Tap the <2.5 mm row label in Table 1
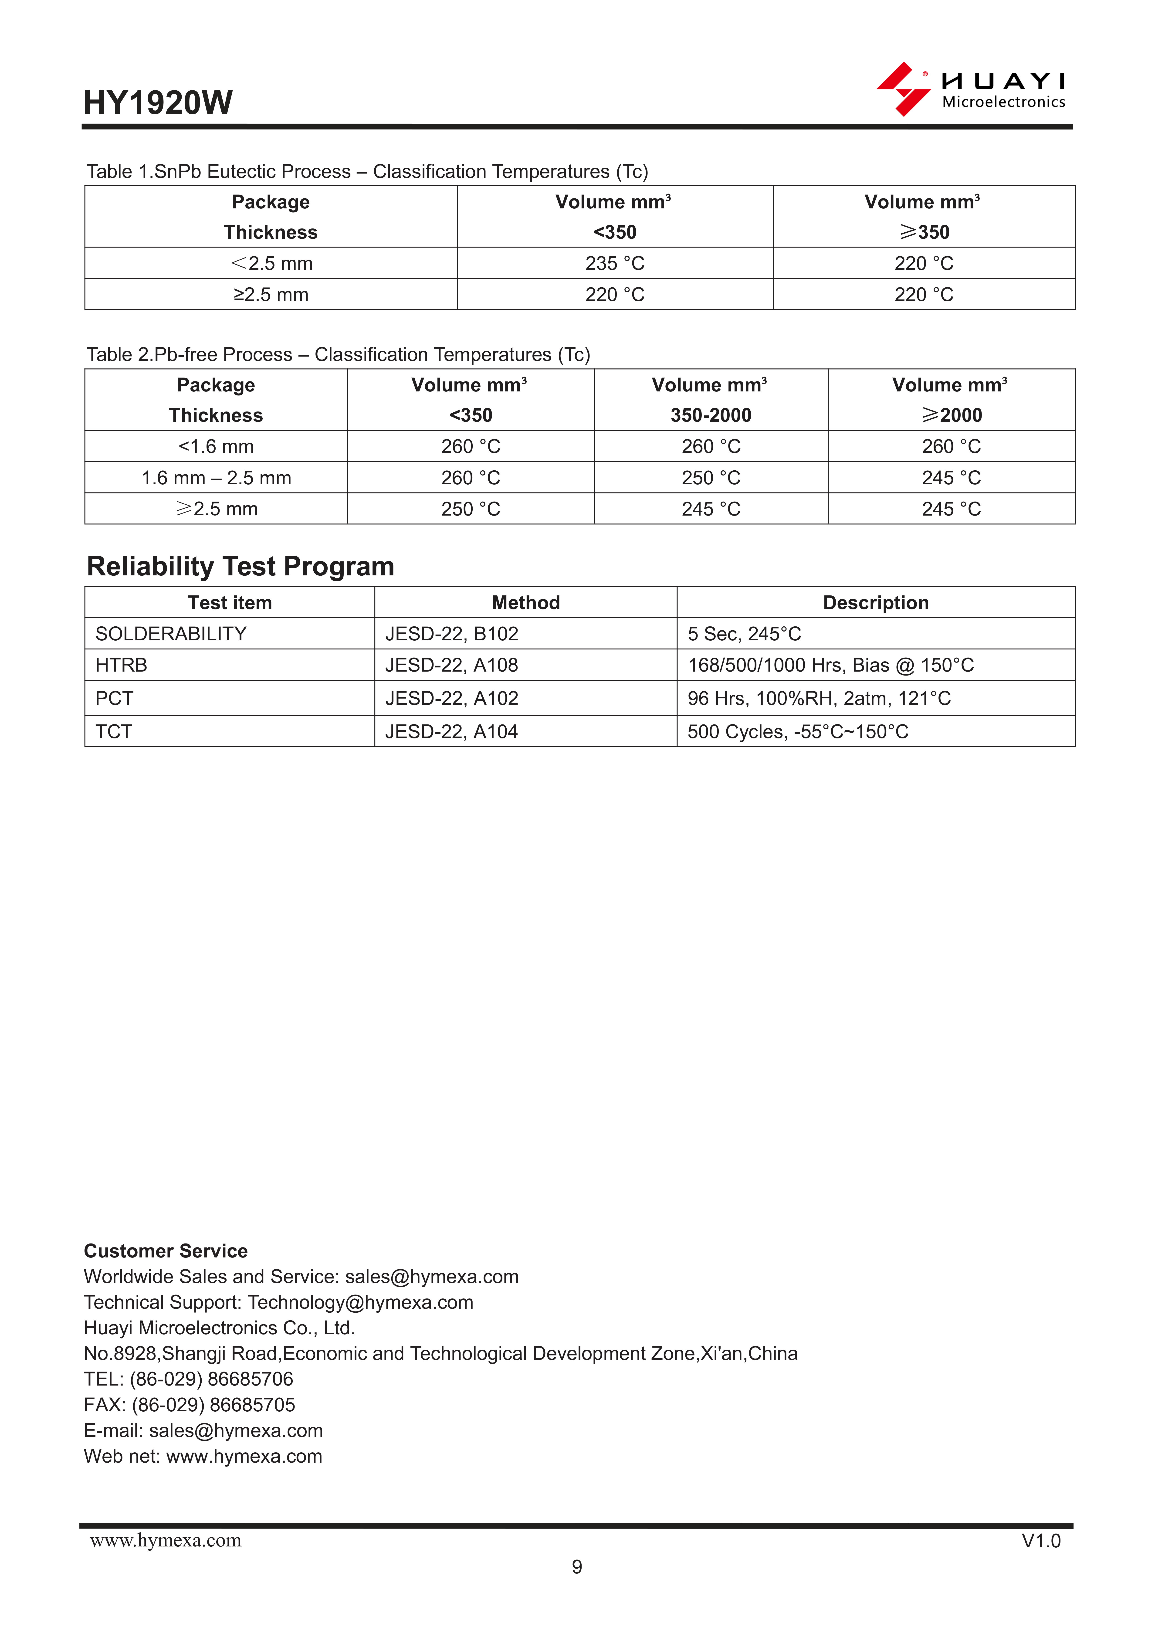pos(271,263)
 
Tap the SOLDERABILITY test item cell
pos(171,633)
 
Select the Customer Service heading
pos(166,1250)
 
